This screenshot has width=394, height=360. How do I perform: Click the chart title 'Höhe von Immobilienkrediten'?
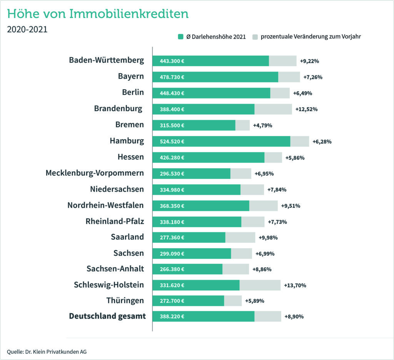(98, 14)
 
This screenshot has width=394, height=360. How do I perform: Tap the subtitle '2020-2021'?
(27, 30)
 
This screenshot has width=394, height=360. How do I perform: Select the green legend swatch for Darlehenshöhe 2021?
(180, 37)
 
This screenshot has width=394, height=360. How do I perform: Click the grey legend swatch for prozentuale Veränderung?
(255, 37)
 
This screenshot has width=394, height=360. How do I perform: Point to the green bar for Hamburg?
(221, 141)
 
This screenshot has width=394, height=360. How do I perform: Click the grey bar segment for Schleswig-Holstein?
(260, 285)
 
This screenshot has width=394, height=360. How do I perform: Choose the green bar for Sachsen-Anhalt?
(187, 269)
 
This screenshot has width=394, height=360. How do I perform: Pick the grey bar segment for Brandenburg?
(273, 109)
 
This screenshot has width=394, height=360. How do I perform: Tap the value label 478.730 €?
(172, 77)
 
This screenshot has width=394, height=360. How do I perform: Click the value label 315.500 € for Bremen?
(172, 125)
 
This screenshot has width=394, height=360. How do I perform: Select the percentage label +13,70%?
(295, 285)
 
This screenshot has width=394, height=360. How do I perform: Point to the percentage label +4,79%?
(262, 125)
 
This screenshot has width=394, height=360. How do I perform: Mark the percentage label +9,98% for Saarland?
(268, 237)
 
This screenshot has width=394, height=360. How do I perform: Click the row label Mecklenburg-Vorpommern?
(95, 173)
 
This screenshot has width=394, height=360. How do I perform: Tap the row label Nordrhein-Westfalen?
(105, 205)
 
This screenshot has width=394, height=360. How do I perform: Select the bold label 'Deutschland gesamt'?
(107, 316)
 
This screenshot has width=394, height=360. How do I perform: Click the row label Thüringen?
(125, 300)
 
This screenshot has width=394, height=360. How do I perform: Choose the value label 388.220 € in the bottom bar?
(172, 317)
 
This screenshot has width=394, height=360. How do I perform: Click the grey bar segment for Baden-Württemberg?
(282, 61)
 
